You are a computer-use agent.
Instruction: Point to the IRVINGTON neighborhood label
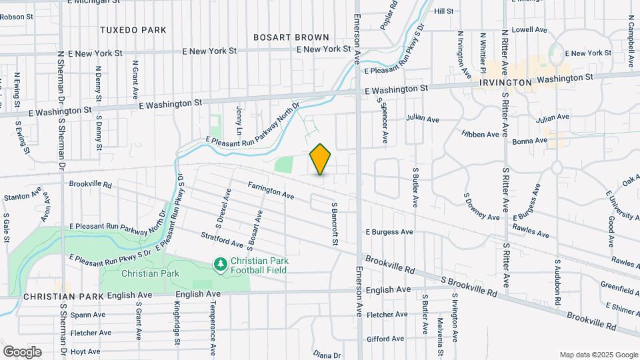(x=505, y=82)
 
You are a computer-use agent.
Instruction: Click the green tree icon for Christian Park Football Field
(x=220, y=265)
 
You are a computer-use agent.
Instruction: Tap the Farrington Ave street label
(x=271, y=191)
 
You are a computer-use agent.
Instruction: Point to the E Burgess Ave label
(x=389, y=232)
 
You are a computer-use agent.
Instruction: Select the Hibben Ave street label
(x=480, y=134)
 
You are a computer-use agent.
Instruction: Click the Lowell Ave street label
(x=529, y=29)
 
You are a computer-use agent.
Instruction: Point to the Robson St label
(x=17, y=16)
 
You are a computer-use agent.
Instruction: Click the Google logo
(x=22, y=351)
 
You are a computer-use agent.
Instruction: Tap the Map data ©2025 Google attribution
(x=598, y=355)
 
